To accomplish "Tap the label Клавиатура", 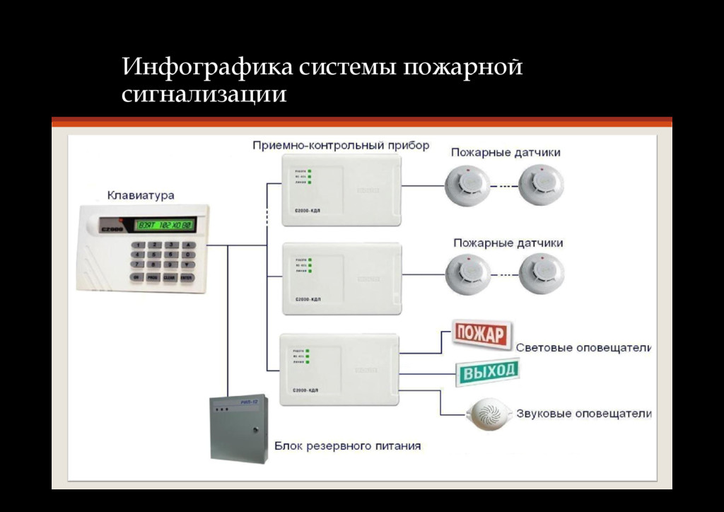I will point(141,195).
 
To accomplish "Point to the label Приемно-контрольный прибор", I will point(341,146).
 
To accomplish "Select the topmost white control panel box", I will point(341,190).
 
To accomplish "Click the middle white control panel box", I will point(341,278).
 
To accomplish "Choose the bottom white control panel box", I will point(339,369).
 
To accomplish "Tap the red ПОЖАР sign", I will point(481,333).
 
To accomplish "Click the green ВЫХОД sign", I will point(487,371).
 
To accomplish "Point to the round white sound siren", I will point(488,414).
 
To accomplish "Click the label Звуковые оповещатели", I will point(583,414).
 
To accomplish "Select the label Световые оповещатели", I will point(583,348).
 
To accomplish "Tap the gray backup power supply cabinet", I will point(239,428).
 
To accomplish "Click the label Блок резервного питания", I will point(347,446).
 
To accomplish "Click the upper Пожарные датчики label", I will point(506,152).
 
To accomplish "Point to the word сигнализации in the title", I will point(204,95).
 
